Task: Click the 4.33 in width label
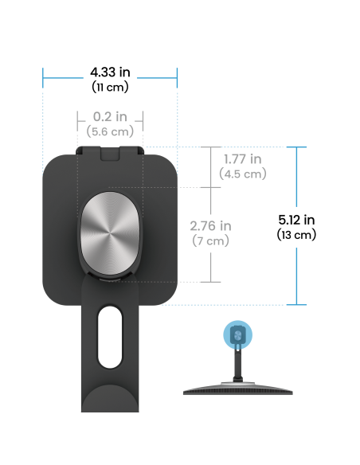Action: pyautogui.click(x=110, y=72)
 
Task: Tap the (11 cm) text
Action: pyautogui.click(x=110, y=88)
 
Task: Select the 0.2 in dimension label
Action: pyautogui.click(x=110, y=116)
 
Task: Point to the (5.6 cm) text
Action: pyautogui.click(x=110, y=131)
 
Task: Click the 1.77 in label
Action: pyautogui.click(x=243, y=159)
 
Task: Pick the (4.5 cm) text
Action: pyautogui.click(x=243, y=174)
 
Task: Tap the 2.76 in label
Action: pyautogui.click(x=210, y=226)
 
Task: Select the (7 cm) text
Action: pyautogui.click(x=210, y=240)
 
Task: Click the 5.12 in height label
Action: pyautogui.click(x=296, y=220)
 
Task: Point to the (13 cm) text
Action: pyautogui.click(x=296, y=235)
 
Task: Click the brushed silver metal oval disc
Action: pyautogui.click(x=110, y=233)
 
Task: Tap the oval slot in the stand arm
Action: pyautogui.click(x=110, y=338)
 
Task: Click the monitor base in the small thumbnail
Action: pyautogui.click(x=238, y=389)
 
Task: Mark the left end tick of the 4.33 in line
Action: pyautogui.click(x=43, y=78)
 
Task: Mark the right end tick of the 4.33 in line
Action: pyautogui.click(x=177, y=78)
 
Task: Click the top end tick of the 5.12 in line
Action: pyautogui.click(x=296, y=147)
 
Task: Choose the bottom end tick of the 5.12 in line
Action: pyautogui.click(x=296, y=305)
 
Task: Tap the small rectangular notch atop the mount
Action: pyautogui.click(x=110, y=154)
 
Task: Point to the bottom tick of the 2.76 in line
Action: pyautogui.click(x=210, y=282)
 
